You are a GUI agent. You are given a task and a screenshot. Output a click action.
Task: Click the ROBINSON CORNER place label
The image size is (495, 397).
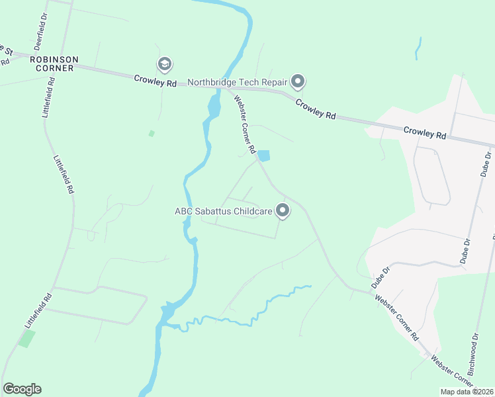pyautogui.click(x=54, y=64)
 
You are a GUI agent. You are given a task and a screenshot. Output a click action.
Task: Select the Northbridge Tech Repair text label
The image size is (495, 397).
pyautogui.click(x=237, y=82)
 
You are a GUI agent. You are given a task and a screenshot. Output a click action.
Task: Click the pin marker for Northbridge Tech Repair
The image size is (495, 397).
pyautogui.click(x=298, y=81)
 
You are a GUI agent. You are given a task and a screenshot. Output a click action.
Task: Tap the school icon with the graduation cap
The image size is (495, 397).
pyautogui.click(x=164, y=64)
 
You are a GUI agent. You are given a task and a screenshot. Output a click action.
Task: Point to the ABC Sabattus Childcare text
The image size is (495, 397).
pyautogui.click(x=223, y=212)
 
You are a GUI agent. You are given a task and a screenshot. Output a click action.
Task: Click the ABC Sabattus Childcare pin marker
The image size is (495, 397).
pyautogui.click(x=283, y=211)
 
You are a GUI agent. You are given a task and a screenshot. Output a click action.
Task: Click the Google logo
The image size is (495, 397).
pyautogui.click(x=22, y=389)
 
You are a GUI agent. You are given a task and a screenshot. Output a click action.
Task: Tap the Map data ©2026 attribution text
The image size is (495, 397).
pyautogui.click(x=467, y=392)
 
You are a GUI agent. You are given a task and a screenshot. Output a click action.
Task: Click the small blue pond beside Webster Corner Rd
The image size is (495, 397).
pyautogui.click(x=264, y=156)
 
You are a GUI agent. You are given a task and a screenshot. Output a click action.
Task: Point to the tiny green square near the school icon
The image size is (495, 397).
pyautogui.click(x=152, y=134)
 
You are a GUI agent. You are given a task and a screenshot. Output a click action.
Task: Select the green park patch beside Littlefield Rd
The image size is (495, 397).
pyautogui.click(x=26, y=339)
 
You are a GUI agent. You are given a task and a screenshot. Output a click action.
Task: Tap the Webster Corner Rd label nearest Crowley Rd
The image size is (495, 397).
pyautogui.click(x=244, y=125)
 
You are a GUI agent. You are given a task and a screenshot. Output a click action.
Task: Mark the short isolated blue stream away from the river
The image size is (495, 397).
pyautogui.click(x=418, y=49)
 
